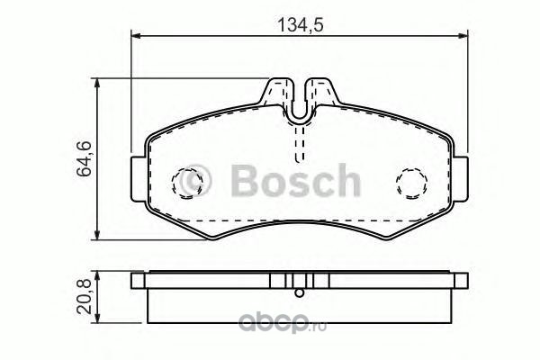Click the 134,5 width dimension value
pos(301,25)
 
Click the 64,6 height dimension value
pos(84,158)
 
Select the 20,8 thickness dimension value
pos(84,297)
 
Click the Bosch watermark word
pos(295,180)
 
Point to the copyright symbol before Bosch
pos(195,181)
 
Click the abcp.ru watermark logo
pos(283,323)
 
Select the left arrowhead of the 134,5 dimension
pos(137,35)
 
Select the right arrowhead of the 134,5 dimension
pos(463,35)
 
